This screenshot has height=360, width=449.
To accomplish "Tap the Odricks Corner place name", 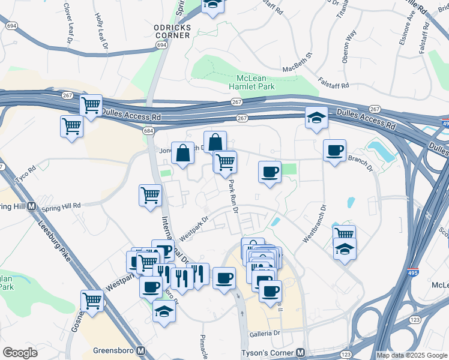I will [x=172, y=31].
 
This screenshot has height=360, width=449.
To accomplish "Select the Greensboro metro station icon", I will [x=140, y=350].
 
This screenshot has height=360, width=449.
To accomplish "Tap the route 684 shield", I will [x=148, y=130].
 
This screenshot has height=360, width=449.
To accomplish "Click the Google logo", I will [x=20, y=353].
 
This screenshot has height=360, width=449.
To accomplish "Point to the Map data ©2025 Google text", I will [x=411, y=355].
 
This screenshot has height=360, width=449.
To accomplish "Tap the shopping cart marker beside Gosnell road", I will [x=92, y=301].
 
